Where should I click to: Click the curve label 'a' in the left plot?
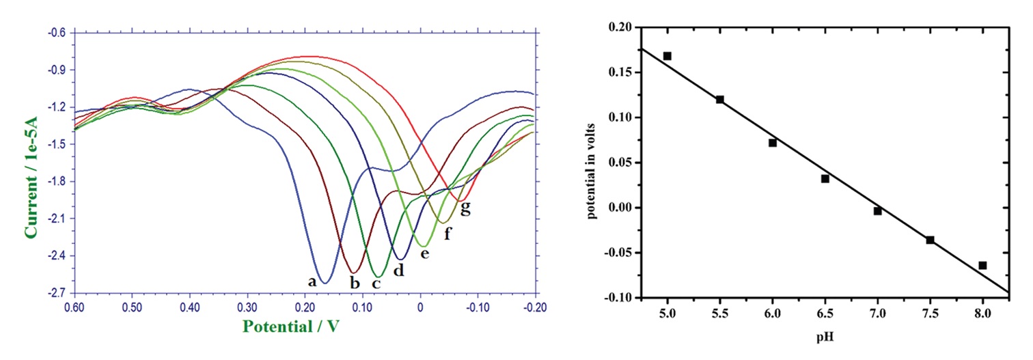pos(312,281)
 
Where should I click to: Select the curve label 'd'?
pos(399,271)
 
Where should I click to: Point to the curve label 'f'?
pos(448,234)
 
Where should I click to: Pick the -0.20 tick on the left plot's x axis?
pos(535,307)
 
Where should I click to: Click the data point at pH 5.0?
pos(667,56)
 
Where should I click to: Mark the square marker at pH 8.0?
pos(982,265)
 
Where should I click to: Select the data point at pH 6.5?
pos(825,179)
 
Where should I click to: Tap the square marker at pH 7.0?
pos(878,211)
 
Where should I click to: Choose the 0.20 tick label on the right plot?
pos(624,27)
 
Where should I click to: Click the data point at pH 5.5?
pos(720,100)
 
